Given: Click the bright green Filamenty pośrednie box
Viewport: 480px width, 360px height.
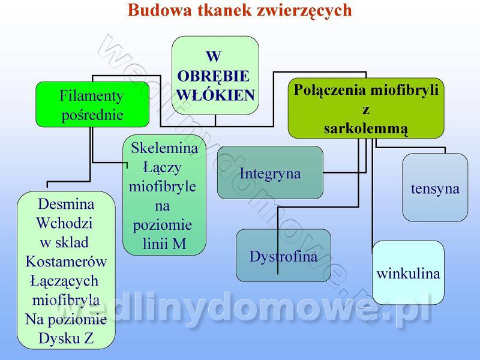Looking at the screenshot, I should pos(92,104).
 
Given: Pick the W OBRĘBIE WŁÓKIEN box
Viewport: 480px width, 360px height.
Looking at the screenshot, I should pos(215,75).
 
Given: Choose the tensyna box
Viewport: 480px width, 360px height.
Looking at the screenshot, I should pos(435,188).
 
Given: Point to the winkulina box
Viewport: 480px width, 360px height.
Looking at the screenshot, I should pos(408,273).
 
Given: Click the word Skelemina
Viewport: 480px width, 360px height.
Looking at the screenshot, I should pos(164,148).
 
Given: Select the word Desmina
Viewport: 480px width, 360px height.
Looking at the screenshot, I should pos(66,204).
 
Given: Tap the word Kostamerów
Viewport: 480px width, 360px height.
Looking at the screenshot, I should pos(66,262).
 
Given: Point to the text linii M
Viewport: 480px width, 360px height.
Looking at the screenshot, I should pos(164,244).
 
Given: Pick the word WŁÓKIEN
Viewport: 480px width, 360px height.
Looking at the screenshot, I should pos(216,94).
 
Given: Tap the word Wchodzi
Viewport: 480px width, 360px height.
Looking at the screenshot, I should pos(64,223).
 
